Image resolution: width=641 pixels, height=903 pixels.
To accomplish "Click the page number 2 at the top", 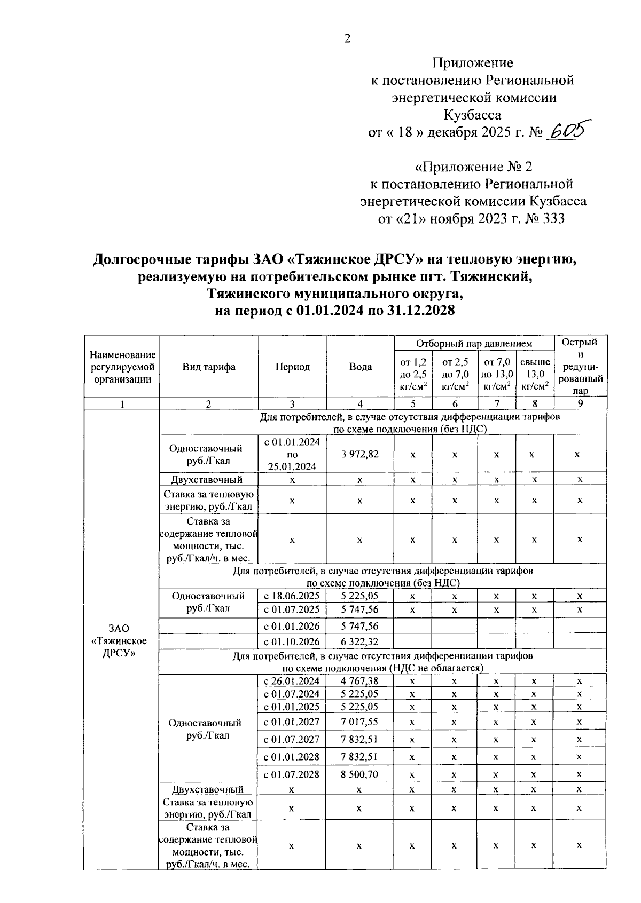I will point(348,38).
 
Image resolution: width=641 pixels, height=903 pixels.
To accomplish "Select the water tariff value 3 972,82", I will point(360,454).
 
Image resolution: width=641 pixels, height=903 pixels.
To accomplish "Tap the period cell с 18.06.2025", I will point(292,596).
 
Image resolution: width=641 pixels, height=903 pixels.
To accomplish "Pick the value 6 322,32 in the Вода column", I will point(360,642).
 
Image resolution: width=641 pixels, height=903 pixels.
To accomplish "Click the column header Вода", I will point(360,367).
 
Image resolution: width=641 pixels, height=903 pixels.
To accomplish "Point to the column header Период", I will point(292,367).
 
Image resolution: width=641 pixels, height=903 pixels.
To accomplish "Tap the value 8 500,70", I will point(359,774).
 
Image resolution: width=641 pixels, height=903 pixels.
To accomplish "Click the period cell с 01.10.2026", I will point(292,642).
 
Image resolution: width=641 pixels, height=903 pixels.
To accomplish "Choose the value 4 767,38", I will point(359,681).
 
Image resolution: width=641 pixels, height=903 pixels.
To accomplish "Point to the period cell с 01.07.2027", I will point(292,739).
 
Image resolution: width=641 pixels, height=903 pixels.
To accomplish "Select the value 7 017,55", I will point(359,722).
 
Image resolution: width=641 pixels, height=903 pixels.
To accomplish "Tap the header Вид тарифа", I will point(209,367).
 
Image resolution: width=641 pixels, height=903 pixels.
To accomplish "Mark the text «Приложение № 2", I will point(474,167).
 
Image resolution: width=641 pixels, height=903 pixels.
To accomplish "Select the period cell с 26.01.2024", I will point(292,681).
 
